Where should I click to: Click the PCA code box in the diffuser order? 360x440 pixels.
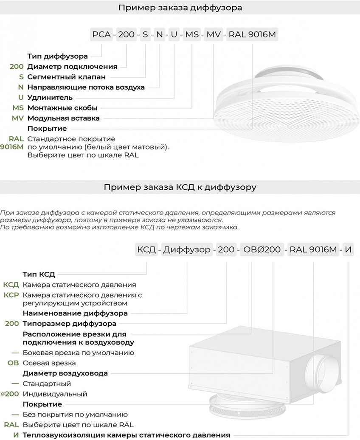[101, 35]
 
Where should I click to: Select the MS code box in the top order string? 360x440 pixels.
[192, 35]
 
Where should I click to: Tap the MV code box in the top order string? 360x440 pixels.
[213, 35]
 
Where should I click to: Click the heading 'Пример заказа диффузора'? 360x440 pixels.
[180, 8]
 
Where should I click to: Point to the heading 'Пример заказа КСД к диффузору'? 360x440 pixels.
[180, 187]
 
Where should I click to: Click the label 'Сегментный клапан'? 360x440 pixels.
[66, 77]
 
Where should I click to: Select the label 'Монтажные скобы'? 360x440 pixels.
[62, 108]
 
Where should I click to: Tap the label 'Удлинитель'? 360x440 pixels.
[49, 97]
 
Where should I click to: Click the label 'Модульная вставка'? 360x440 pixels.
[63, 118]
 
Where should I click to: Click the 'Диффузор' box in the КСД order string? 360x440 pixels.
[187, 249]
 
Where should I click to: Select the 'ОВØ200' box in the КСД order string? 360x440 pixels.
[262, 249]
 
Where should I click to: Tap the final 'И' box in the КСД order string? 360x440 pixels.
[348, 249]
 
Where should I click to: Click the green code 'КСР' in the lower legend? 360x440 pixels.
[11, 295]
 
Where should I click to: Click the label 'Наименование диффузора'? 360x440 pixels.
[75, 313]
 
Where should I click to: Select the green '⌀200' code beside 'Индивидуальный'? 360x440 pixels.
[10, 394]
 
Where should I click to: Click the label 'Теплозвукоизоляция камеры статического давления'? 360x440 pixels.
[126, 435]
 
